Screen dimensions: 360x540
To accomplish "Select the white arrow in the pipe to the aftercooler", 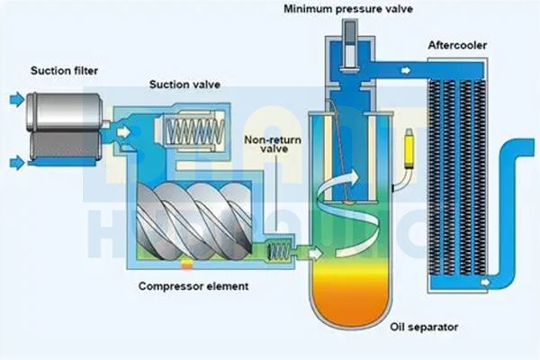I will [x=408, y=68].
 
